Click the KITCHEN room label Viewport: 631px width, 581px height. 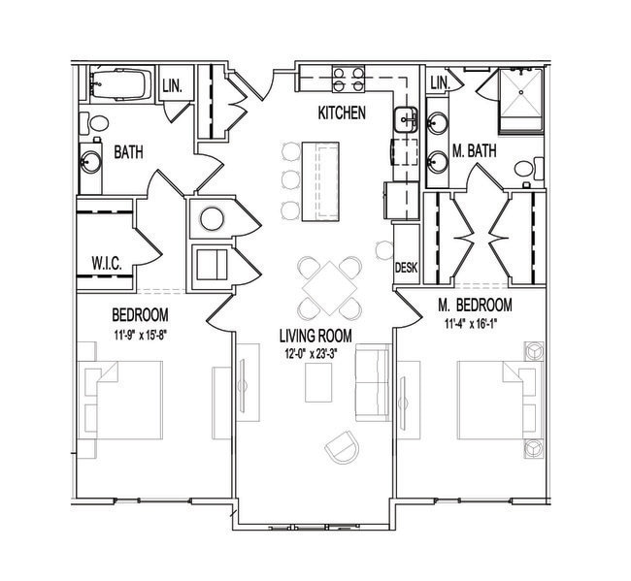(x=342, y=113)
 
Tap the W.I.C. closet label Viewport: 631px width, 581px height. (x=107, y=264)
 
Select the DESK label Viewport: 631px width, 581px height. (x=407, y=268)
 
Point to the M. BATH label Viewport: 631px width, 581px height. (x=474, y=151)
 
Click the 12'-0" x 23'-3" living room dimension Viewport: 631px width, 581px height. (x=310, y=354)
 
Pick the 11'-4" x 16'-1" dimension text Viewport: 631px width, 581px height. (x=471, y=324)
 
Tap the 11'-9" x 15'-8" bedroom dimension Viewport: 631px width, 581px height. (x=140, y=334)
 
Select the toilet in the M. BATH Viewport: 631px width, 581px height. (x=529, y=169)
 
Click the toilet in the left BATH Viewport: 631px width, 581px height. (x=94, y=123)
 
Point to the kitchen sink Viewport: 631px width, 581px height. (x=406, y=120)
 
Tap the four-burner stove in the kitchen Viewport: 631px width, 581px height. (x=349, y=79)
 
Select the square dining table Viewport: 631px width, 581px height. (x=330, y=287)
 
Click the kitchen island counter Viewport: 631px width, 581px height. (x=320, y=181)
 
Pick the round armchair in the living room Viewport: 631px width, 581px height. (x=342, y=447)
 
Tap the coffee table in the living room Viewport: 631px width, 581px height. (x=318, y=382)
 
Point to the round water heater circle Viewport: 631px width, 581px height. (x=212, y=219)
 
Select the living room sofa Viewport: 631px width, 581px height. (x=373, y=382)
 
